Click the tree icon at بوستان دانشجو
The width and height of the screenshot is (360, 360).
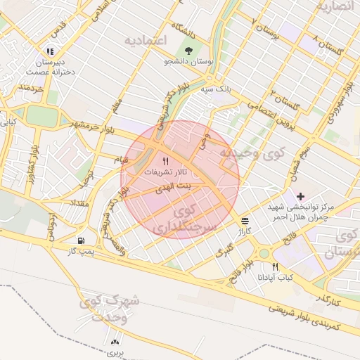point(188,51)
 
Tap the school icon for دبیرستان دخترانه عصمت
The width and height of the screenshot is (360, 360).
point(49,51)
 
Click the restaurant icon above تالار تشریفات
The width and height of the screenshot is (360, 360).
point(165,160)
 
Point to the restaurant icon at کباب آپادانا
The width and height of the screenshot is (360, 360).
point(275,266)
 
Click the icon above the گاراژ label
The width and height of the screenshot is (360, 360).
point(244,219)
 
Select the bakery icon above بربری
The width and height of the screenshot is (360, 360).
point(115,342)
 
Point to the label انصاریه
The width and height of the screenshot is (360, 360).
point(333,6)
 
